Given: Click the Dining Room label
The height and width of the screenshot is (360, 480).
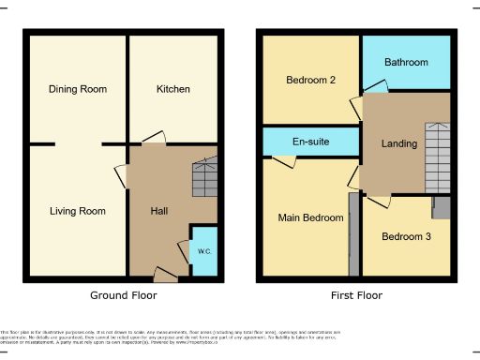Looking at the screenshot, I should tap(78, 90).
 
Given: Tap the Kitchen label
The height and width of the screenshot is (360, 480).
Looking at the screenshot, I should tap(172, 90).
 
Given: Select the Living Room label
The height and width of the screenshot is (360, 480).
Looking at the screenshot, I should tap(78, 211).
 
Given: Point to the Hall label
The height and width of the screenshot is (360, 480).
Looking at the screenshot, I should tap(159, 211).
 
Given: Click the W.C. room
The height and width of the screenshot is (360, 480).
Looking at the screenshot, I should tap(204, 250).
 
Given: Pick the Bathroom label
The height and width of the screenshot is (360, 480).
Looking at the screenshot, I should tap(406, 63).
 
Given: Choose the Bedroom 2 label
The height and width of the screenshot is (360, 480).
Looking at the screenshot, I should tap(310, 81).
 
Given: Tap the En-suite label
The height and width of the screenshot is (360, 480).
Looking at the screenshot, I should tap(310, 142).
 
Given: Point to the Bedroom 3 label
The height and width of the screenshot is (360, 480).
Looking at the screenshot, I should tap(406, 236).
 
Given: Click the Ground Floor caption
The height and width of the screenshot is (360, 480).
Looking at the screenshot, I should tap(123, 295).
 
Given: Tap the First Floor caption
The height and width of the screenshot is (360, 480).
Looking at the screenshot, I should tap(356, 295).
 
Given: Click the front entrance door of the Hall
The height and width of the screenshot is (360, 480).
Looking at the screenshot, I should tap(166, 274).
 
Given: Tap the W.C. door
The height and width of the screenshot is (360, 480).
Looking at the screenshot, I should tap(184, 249).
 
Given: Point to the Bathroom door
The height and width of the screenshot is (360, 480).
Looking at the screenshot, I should tap(374, 87).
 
